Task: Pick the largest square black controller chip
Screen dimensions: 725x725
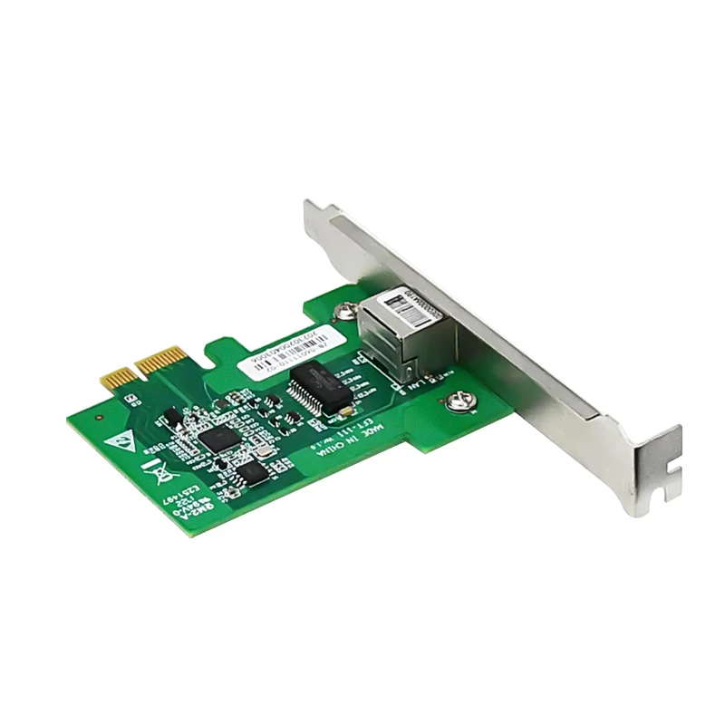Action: pos(218,440)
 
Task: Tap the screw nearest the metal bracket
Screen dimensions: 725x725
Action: pos(460,399)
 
